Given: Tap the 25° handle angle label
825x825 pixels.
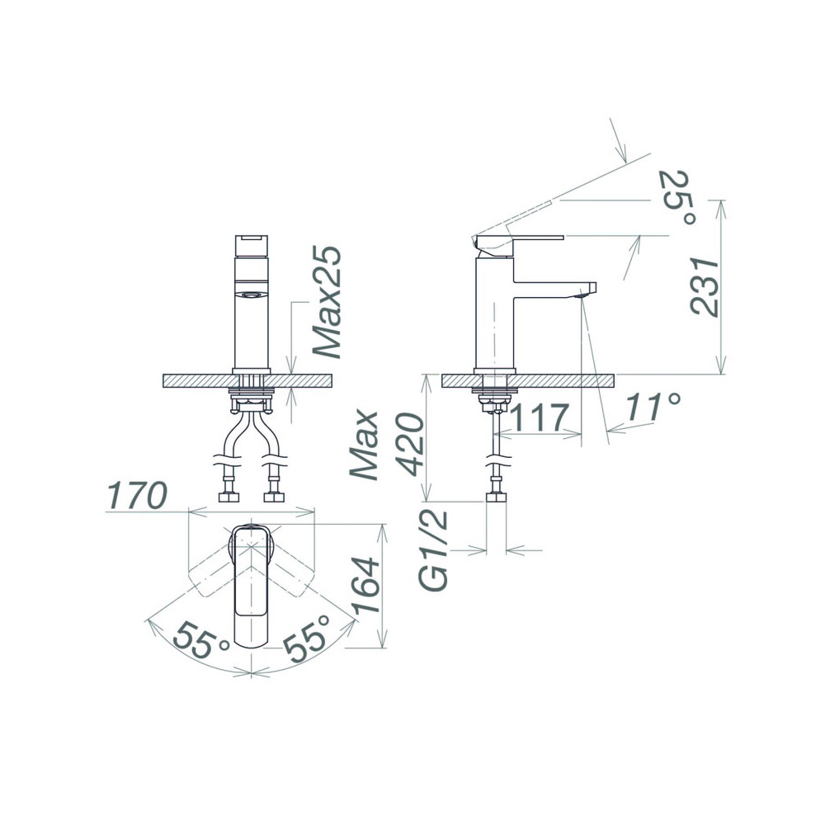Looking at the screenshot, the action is (679, 197).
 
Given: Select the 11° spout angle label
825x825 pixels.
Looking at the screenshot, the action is (653, 408).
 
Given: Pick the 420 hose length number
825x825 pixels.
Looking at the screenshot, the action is (410, 445).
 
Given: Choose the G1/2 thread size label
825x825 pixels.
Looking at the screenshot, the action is (435, 549).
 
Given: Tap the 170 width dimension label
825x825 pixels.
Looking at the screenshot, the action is (136, 495).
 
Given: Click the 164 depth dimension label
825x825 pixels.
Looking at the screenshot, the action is (366, 585).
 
